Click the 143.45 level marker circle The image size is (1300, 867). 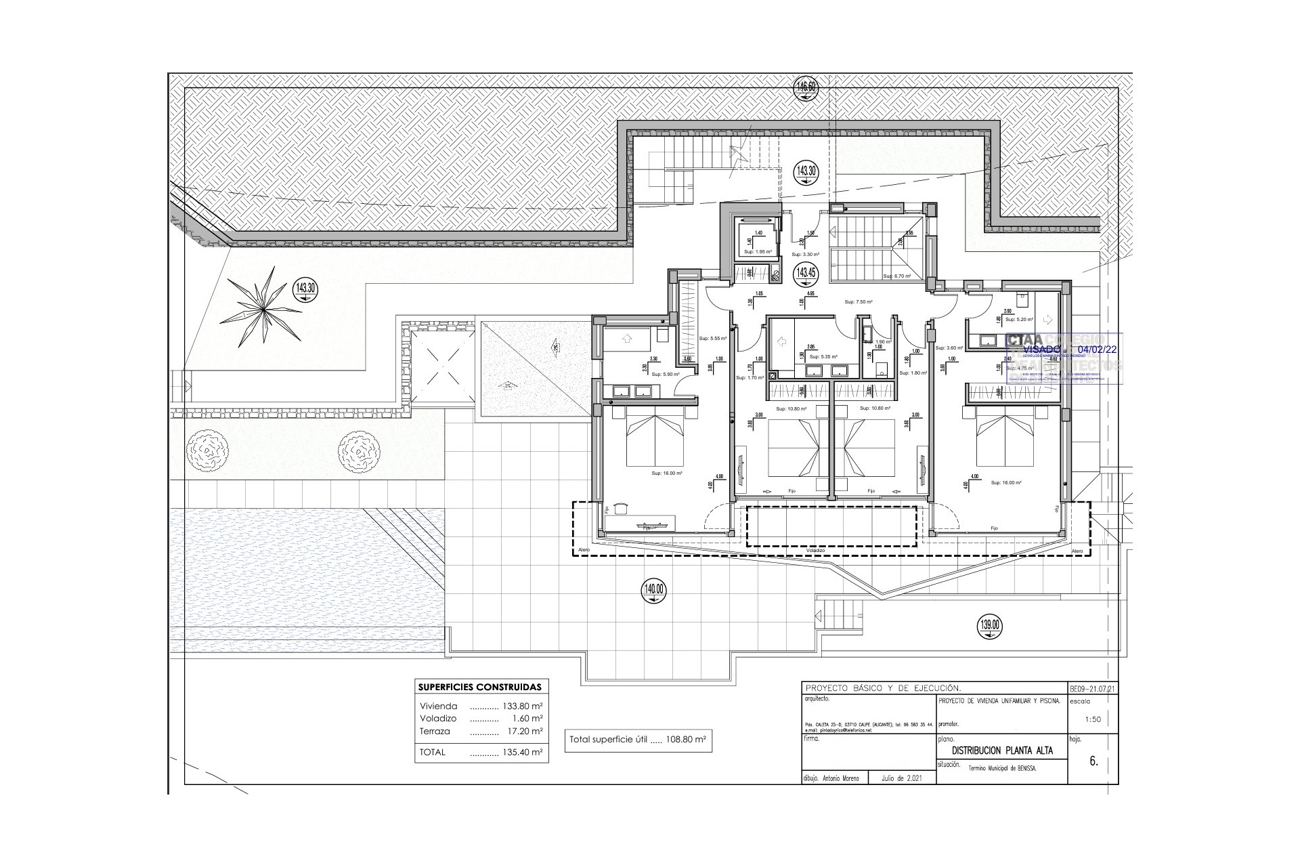pyautogui.click(x=804, y=274)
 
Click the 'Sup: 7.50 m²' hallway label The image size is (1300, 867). pyautogui.click(x=858, y=302)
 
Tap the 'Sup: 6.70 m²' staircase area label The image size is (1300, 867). pyautogui.click(x=896, y=276)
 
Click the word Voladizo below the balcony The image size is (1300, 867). pyautogui.click(x=815, y=551)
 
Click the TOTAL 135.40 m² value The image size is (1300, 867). pyautogui.click(x=522, y=752)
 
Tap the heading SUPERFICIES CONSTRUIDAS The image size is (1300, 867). pyautogui.click(x=480, y=687)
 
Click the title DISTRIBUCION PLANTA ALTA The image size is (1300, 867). pyautogui.click(x=1002, y=750)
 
